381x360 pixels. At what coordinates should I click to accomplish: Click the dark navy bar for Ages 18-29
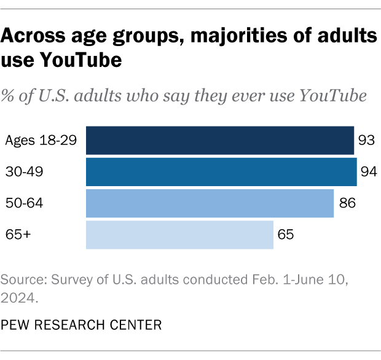pyautogui.click(x=219, y=140)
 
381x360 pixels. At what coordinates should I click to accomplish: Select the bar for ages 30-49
pyautogui.click(x=221, y=171)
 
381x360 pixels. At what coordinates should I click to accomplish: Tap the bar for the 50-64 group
pyautogui.click(x=210, y=203)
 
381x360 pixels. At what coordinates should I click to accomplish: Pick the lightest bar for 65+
pyautogui.click(x=179, y=234)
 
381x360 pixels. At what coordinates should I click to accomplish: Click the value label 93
pyautogui.click(x=367, y=141)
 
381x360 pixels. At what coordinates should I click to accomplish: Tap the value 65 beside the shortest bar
pyautogui.click(x=285, y=235)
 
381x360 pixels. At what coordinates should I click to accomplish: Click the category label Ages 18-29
pyautogui.click(x=41, y=141)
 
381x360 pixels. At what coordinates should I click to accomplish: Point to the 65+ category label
pyautogui.click(x=17, y=235)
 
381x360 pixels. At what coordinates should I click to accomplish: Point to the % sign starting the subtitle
pyautogui.click(x=9, y=96)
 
